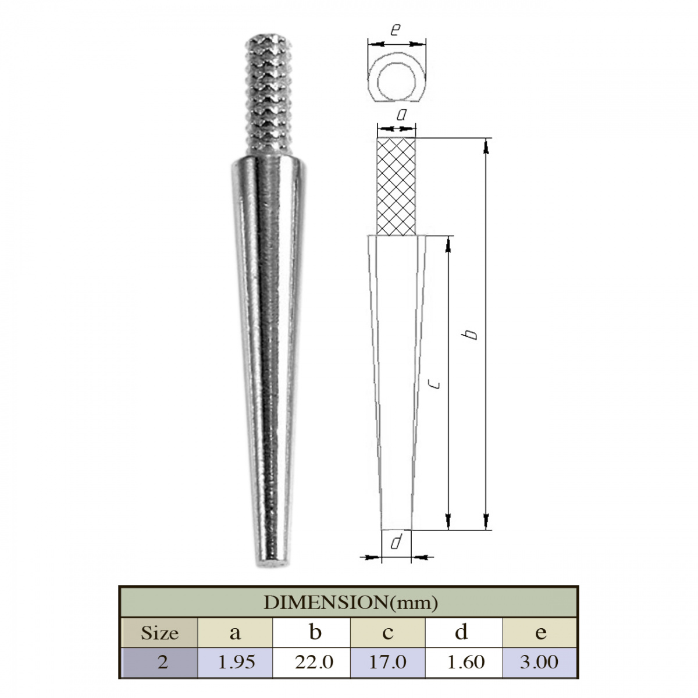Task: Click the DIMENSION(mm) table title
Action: [x=350, y=603]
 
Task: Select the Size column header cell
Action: [x=159, y=633]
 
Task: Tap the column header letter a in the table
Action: [x=235, y=633]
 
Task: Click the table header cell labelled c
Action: [x=387, y=633]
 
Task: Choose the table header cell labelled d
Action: [x=464, y=633]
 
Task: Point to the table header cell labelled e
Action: [x=540, y=633]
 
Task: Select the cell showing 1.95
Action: [x=235, y=663]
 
